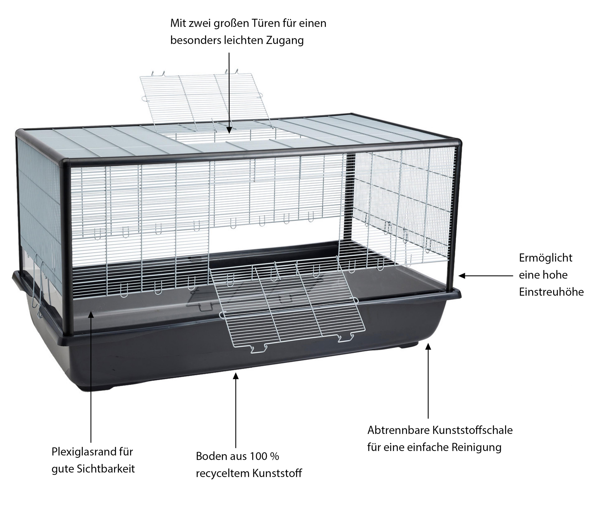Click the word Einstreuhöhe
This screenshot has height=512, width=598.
coord(551,292)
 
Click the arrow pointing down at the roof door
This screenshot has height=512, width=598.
coord(229,92)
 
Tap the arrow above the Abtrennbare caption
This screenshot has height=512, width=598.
coord(428,381)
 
